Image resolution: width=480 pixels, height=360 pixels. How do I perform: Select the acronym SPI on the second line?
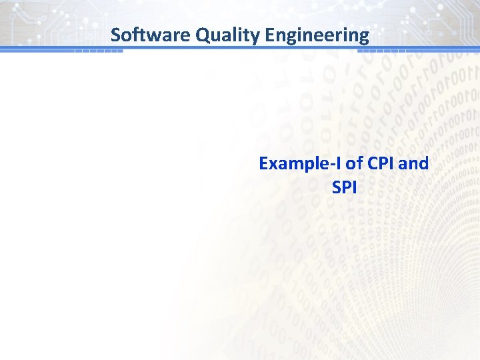pos(344,188)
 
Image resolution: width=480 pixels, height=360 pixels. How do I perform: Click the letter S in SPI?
pos(336,188)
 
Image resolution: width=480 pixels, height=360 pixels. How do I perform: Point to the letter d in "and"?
pos(424,163)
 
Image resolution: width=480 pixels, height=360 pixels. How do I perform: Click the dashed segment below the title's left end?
pos(99,51)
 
